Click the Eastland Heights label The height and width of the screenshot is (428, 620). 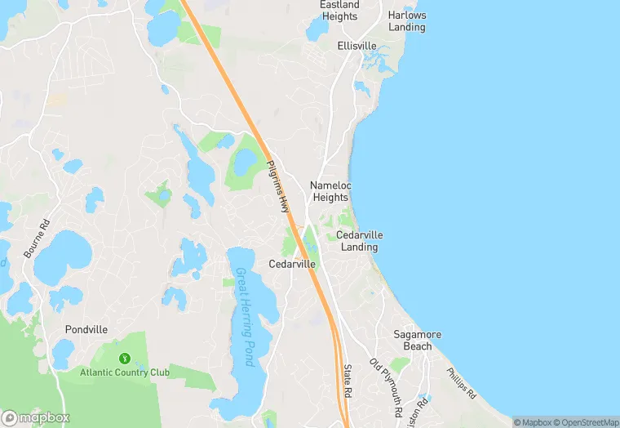click(x=339, y=11)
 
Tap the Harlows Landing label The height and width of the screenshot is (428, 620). click(x=406, y=21)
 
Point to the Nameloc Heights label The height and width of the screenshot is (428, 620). click(x=330, y=191)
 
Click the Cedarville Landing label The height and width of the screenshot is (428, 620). click(x=359, y=241)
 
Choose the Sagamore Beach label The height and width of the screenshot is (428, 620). click(x=417, y=341)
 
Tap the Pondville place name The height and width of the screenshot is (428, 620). click(x=86, y=329)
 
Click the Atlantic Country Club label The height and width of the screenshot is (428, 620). click(x=124, y=372)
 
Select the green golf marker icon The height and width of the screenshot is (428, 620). click(x=124, y=358)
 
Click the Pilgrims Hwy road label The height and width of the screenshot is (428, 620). click(x=278, y=186)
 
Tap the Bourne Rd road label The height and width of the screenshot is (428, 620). click(x=38, y=239)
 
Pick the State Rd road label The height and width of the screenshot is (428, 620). click(x=348, y=381)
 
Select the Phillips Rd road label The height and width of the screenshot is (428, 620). click(x=461, y=381)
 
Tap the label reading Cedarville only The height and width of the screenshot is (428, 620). click(x=292, y=264)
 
